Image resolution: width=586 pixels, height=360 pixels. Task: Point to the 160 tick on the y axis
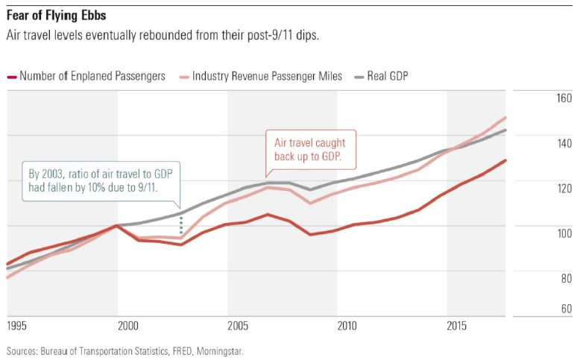[x=564, y=98]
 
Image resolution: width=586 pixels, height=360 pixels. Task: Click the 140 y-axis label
[x=564, y=143]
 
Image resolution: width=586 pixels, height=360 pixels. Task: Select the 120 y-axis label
[x=564, y=188]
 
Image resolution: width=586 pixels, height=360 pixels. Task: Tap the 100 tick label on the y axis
[x=564, y=233]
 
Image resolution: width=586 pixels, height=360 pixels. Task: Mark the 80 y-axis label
[x=566, y=278]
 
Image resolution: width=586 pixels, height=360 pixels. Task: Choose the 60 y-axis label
[x=566, y=309]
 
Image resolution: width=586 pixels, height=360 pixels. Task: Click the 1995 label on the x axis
[x=17, y=326]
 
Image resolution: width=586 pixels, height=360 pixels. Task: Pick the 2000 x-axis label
[x=128, y=326]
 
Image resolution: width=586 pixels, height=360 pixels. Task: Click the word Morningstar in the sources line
[x=219, y=350]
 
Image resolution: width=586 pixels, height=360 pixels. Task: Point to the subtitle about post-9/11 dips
[x=162, y=35]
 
